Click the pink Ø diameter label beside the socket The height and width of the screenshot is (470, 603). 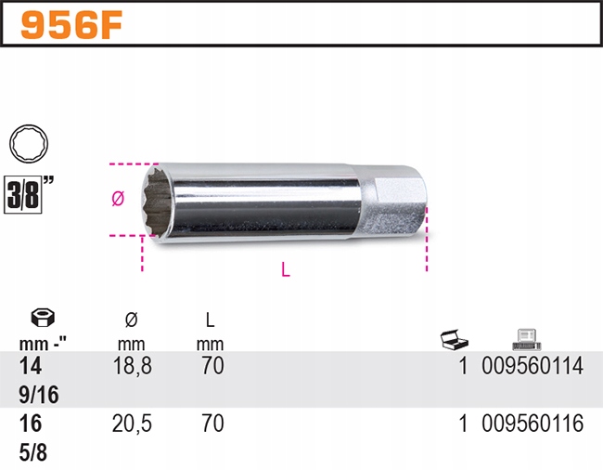[118, 200]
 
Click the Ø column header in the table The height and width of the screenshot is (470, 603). [130, 319]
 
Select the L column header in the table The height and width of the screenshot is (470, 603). [209, 319]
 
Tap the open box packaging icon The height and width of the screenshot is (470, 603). [455, 340]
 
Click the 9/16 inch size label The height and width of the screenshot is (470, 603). [38, 395]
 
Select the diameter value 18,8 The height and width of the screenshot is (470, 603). [132, 367]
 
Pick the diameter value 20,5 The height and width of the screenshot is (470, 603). [132, 424]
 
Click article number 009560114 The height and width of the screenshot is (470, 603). [532, 367]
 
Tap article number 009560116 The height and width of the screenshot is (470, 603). [532, 424]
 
